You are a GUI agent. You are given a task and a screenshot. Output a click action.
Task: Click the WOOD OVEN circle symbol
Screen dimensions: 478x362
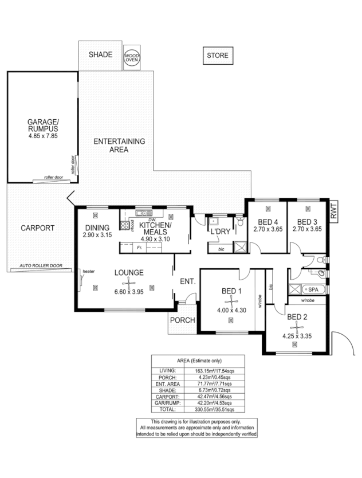132,56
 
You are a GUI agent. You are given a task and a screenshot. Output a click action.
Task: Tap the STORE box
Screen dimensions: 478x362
217,56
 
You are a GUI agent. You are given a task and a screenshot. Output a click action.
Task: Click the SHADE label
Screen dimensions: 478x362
100,55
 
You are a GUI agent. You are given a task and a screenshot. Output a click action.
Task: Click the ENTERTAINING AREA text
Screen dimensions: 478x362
119,145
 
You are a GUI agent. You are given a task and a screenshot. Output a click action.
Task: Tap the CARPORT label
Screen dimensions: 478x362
38,228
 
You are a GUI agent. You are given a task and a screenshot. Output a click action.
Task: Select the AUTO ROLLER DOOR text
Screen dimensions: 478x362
41,267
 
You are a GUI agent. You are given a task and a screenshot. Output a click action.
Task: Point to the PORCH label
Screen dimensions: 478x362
183,320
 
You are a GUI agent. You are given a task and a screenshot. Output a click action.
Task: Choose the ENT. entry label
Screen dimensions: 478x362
188,281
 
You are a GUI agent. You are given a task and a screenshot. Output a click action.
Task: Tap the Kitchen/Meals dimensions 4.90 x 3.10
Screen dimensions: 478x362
155,238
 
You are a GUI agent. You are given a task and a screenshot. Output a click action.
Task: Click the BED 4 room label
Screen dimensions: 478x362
268,222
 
